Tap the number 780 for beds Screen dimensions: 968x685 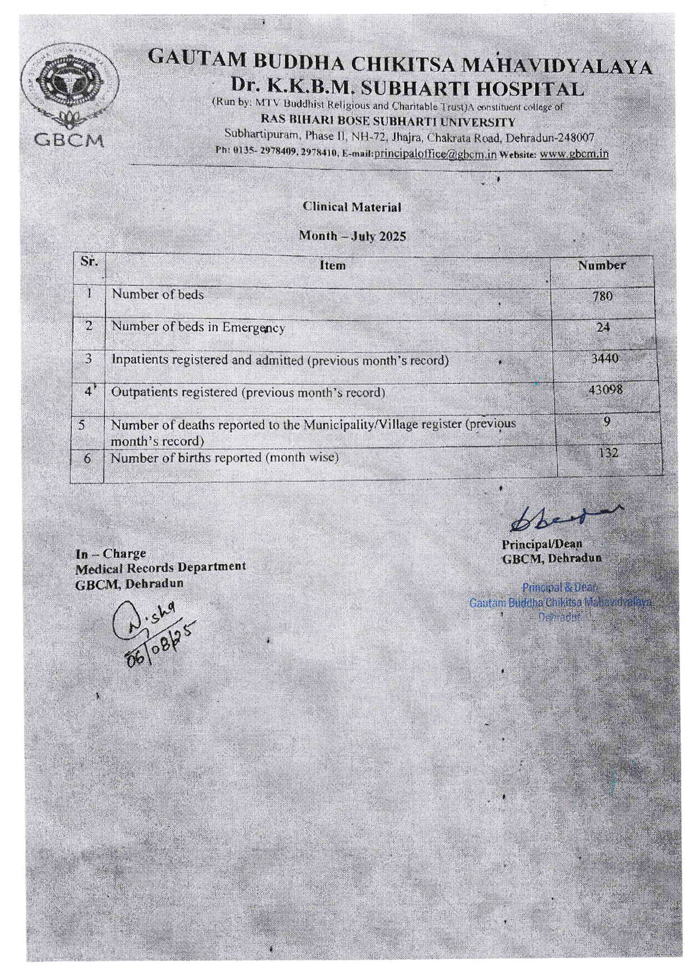pyautogui.click(x=602, y=296)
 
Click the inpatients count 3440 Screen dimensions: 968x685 pyautogui.click(x=605, y=358)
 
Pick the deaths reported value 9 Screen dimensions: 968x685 pyautogui.click(x=607, y=422)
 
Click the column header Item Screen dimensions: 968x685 pyautogui.click(x=332, y=266)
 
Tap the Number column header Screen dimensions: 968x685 pyautogui.click(x=602, y=265)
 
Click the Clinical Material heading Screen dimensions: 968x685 pyautogui.click(x=352, y=207)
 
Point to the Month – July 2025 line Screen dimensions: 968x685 pyautogui.click(x=352, y=236)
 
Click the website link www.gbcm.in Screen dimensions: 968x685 pyautogui.click(x=574, y=154)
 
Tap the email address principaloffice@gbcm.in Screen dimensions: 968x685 pyautogui.click(x=435, y=154)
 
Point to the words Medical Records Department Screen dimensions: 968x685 pyautogui.click(x=161, y=568)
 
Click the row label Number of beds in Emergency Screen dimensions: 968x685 pyautogui.click(x=198, y=327)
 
